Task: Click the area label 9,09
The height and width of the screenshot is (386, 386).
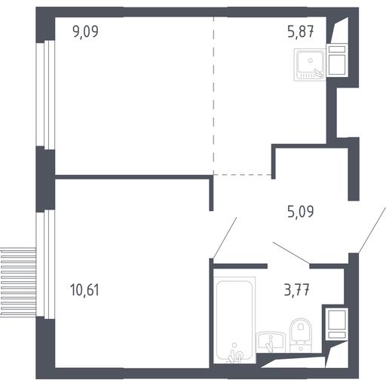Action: tap(85, 32)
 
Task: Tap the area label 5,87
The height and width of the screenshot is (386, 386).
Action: tap(301, 32)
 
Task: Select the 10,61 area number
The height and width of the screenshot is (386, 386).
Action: tap(84, 289)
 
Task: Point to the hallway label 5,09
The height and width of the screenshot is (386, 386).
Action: tap(301, 212)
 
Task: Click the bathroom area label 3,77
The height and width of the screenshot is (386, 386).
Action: tap(296, 289)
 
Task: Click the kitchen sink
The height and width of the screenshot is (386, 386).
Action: tap(310, 65)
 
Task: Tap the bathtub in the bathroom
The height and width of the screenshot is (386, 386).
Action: tap(234, 320)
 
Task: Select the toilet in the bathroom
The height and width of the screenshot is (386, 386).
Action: tap(301, 335)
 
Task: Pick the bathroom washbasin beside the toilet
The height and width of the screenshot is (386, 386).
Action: tap(271, 342)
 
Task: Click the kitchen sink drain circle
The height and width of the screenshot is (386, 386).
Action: tap(311, 60)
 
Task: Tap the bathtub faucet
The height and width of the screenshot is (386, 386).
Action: tap(236, 354)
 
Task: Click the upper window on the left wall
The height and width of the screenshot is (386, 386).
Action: tap(45, 95)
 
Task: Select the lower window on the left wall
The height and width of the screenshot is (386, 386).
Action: tap(45, 264)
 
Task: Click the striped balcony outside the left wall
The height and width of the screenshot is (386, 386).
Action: tap(18, 282)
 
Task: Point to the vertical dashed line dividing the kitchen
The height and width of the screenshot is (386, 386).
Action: tap(213, 96)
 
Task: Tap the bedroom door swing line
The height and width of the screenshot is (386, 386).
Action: tap(224, 238)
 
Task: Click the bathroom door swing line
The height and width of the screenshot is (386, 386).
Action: tap(291, 253)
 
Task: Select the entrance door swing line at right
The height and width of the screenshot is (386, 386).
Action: tap(372, 230)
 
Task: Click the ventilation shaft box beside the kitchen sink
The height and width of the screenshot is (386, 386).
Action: tap(337, 60)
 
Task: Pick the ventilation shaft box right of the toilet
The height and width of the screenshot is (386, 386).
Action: tap(337, 324)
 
